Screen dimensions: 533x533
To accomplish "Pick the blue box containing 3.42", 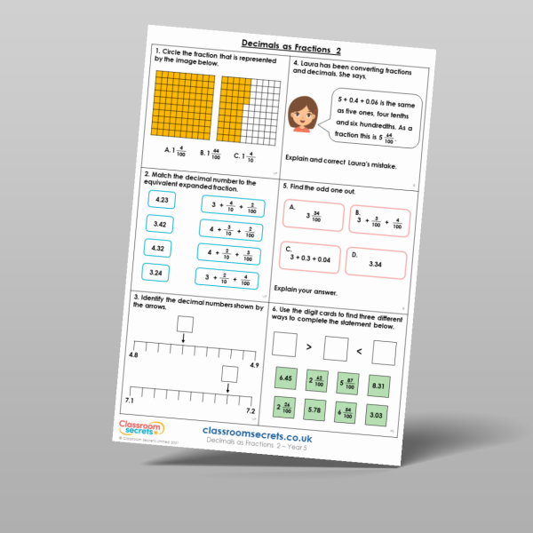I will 161,225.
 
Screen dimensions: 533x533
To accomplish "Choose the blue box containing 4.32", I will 160,250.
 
